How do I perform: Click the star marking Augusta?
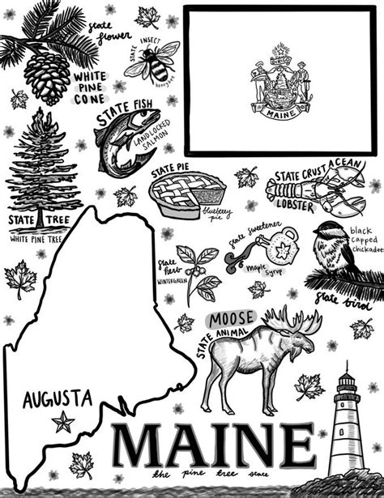coord(62,420)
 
